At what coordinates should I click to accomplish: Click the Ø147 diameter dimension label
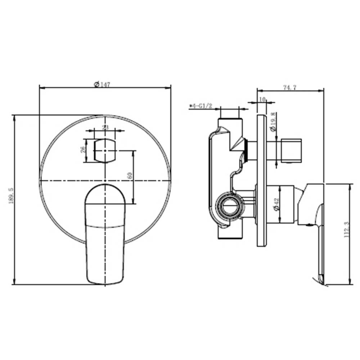102,84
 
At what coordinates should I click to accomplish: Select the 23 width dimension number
105,127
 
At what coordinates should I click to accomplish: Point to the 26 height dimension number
83,149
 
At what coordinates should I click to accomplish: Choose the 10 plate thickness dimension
262,99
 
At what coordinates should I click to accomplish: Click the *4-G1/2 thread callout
200,106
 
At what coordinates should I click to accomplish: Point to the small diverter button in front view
105,150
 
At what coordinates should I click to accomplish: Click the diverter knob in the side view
292,150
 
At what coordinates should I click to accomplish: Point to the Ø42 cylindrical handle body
288,203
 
